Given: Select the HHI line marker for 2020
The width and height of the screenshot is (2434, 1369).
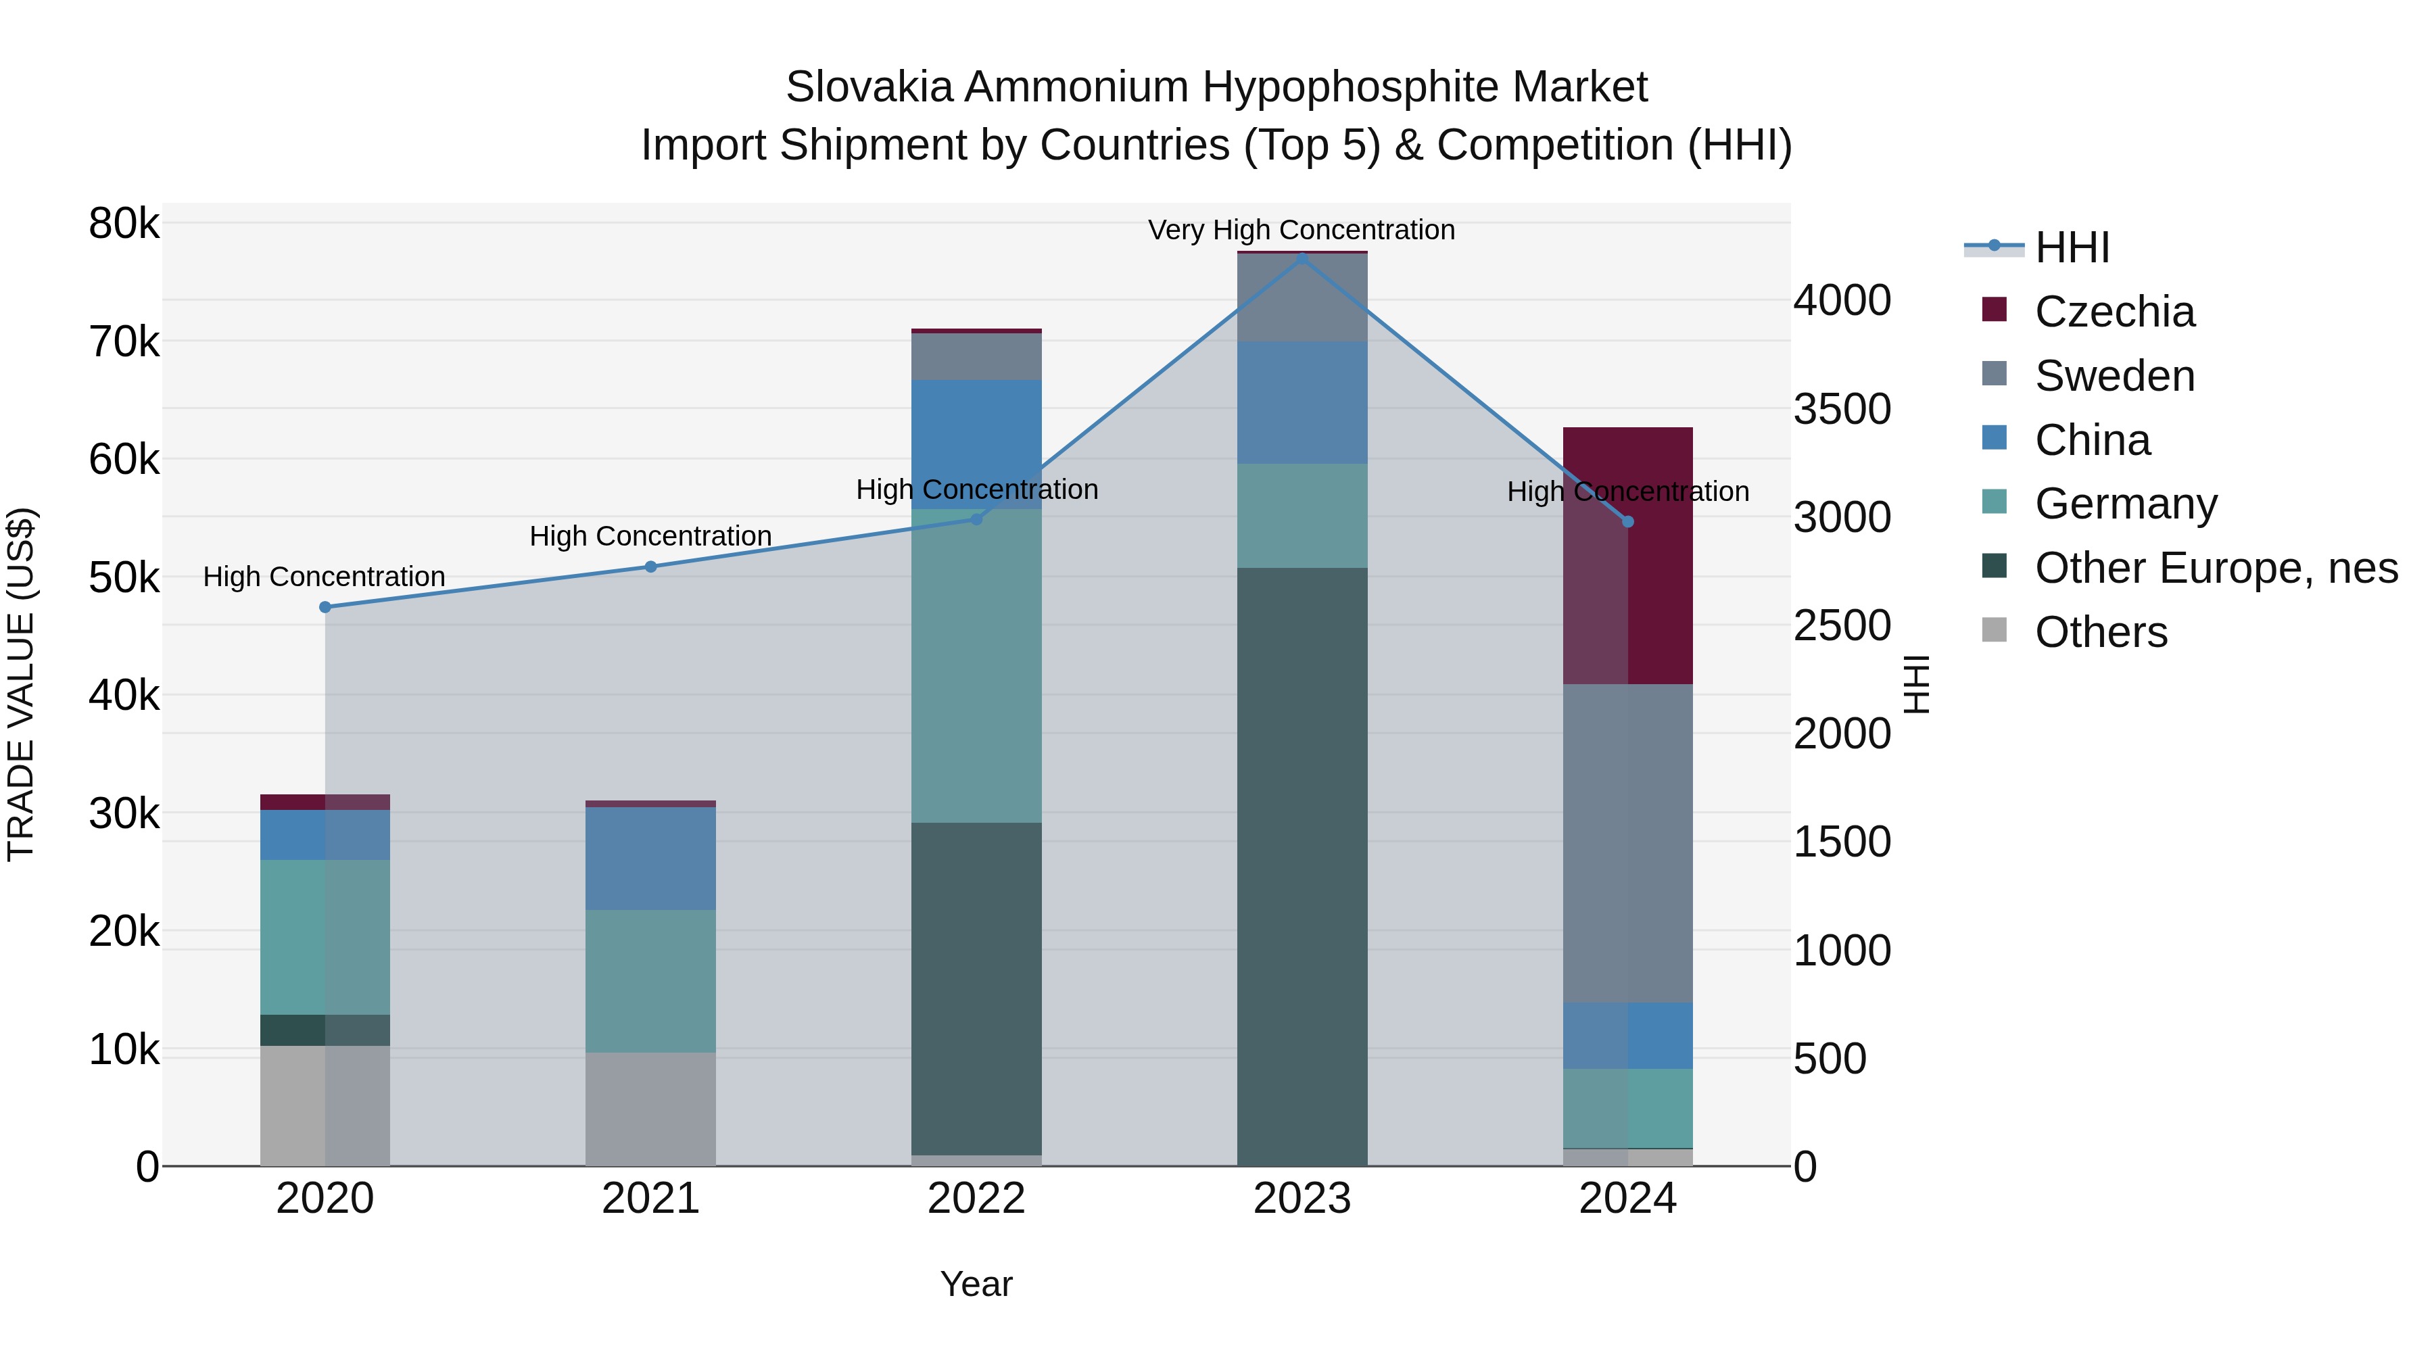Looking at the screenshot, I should tap(325, 608).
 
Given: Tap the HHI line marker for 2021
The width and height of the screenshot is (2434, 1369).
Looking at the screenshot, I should tap(650, 567).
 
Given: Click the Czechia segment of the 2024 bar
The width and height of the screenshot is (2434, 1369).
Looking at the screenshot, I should tap(1627, 558).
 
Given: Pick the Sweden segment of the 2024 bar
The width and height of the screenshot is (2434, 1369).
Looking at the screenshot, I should tap(1627, 843).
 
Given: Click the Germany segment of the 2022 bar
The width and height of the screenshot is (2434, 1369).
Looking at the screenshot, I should tap(976, 666).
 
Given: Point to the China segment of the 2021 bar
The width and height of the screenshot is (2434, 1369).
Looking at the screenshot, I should tap(650, 858).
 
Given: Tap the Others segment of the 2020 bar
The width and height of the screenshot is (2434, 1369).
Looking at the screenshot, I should tap(325, 1105).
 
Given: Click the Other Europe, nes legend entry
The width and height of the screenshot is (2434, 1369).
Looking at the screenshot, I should tap(2215, 568).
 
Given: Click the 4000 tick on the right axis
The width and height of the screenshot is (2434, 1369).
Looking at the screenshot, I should tap(1842, 300).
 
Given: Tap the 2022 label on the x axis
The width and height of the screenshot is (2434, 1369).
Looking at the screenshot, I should tap(976, 1199).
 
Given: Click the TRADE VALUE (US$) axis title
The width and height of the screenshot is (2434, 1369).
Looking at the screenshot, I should tap(21, 684).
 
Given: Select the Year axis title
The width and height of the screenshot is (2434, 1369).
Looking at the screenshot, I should tap(976, 1284).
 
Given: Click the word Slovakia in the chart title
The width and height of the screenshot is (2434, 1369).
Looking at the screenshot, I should tap(868, 87).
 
